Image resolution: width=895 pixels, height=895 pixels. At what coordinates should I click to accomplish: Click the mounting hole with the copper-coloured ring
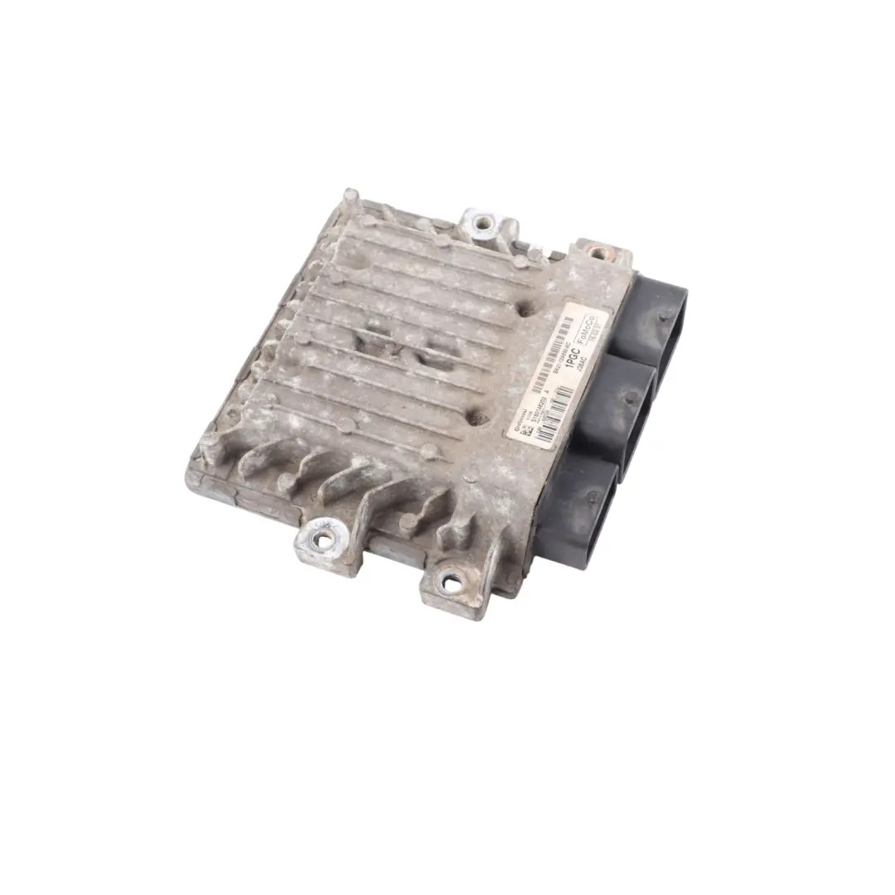597,251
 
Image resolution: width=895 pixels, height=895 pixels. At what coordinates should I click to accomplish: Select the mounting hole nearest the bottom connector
452,583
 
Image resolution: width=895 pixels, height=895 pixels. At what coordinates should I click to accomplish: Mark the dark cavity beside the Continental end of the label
478,418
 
